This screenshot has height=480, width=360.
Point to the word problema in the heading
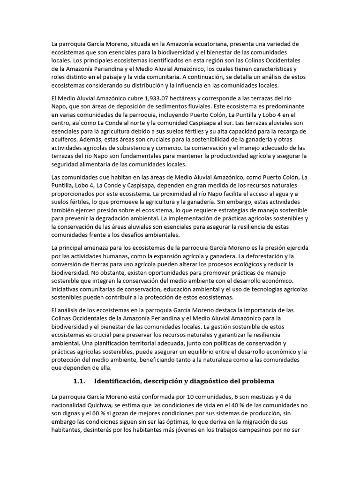click(256, 380)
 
